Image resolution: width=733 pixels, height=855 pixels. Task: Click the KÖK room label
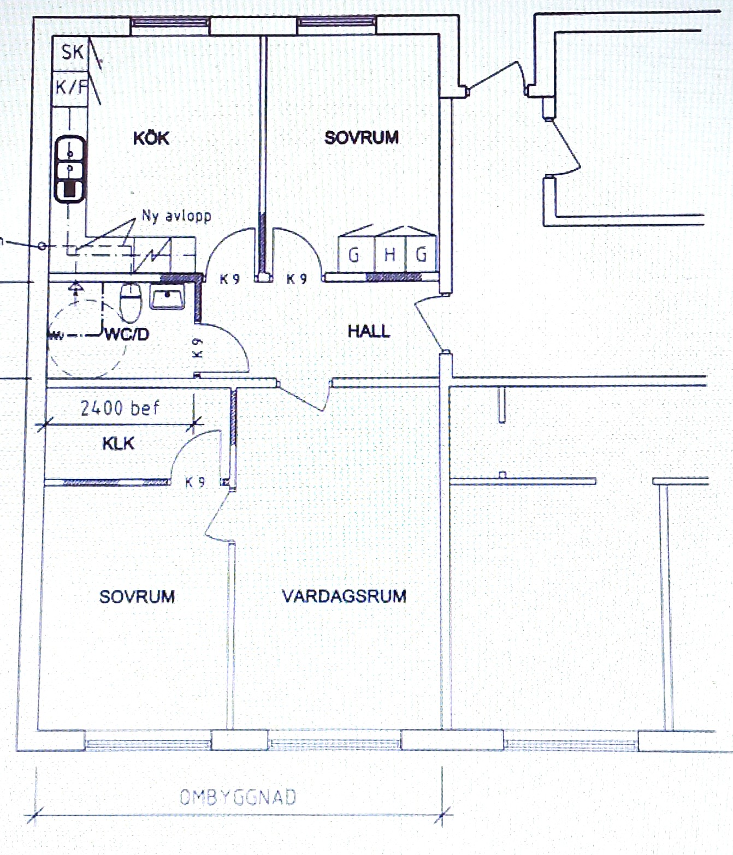(151, 138)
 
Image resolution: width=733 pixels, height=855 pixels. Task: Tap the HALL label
(369, 331)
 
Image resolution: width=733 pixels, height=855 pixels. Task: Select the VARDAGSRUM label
(344, 596)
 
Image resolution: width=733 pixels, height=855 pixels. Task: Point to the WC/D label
(127, 334)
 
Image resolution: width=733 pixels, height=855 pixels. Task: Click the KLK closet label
(119, 444)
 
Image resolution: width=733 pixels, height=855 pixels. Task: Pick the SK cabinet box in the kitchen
(70, 53)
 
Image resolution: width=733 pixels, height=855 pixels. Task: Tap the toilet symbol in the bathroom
(131, 303)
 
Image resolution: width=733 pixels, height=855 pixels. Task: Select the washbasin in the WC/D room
(167, 297)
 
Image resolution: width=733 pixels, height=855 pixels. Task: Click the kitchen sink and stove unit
(70, 169)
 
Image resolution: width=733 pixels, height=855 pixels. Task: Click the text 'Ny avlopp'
(176, 216)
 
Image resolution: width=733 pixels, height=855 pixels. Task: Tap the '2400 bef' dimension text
(120, 408)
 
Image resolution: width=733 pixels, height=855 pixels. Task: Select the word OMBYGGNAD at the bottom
(238, 797)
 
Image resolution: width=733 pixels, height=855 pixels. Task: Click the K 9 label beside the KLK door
(195, 482)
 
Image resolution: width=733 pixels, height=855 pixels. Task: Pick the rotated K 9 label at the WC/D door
(198, 348)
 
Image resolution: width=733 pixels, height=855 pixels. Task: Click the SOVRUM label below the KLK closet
(137, 597)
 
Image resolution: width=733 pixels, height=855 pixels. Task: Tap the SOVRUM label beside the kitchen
(362, 137)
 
